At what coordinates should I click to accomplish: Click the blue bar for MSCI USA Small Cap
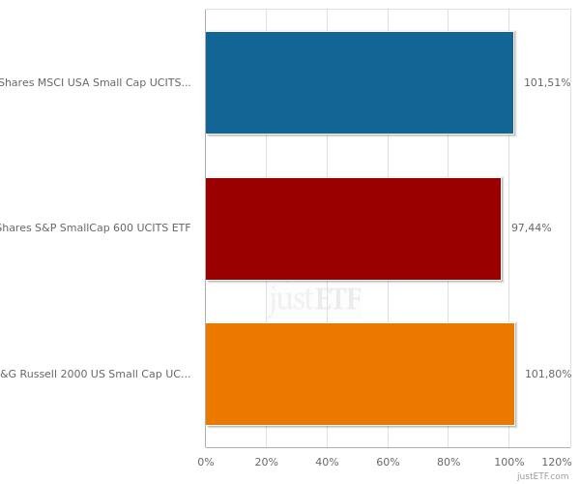pyautogui.click(x=359, y=82)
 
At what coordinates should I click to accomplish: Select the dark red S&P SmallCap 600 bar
pyautogui.click(x=353, y=228)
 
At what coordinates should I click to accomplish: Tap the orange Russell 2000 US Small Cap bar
pyautogui.click(x=360, y=374)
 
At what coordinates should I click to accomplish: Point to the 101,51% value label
pyautogui.click(x=546, y=83)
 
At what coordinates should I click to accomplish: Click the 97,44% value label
pyautogui.click(x=531, y=228)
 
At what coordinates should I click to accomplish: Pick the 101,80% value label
pyautogui.click(x=547, y=375)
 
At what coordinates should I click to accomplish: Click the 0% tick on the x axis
pyautogui.click(x=206, y=463)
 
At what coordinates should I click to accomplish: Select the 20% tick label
pyautogui.click(x=266, y=463)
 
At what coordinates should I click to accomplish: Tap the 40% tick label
pyautogui.click(x=327, y=463)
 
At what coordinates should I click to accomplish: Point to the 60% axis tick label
pyautogui.click(x=388, y=463)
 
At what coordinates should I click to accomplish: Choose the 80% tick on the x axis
pyautogui.click(x=449, y=463)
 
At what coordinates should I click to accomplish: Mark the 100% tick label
pyautogui.click(x=509, y=463)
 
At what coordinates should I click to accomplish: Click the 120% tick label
pyautogui.click(x=557, y=463)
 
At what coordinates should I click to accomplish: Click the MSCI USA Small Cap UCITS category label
pyautogui.click(x=95, y=83)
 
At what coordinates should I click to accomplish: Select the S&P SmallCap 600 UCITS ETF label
pyautogui.click(x=95, y=228)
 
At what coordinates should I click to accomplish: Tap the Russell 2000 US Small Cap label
pyautogui.click(x=95, y=375)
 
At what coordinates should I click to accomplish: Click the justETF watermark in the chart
pyautogui.click(x=315, y=299)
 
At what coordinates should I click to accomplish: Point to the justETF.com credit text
pyautogui.click(x=542, y=476)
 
